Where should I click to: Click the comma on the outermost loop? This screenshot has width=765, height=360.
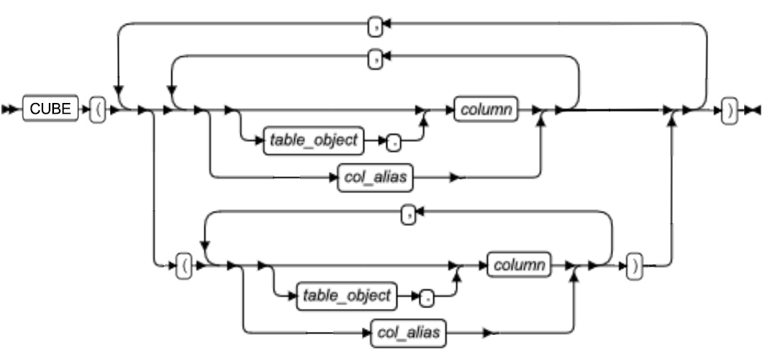tap(374, 27)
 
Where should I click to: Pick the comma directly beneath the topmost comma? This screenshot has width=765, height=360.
tap(374, 58)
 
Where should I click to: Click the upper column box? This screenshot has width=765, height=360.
tap(486, 111)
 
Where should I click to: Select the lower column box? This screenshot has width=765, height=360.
tap(519, 265)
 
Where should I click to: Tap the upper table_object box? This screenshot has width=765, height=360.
tap(313, 140)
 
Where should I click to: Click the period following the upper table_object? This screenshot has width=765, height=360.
tap(394, 141)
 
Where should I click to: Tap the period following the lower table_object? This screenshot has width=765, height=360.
tap(427, 295)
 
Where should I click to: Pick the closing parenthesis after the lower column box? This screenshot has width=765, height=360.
tap(633, 266)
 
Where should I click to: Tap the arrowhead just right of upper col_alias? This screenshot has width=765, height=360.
tap(454, 177)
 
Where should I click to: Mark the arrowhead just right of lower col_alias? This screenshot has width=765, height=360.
tap(488, 333)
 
